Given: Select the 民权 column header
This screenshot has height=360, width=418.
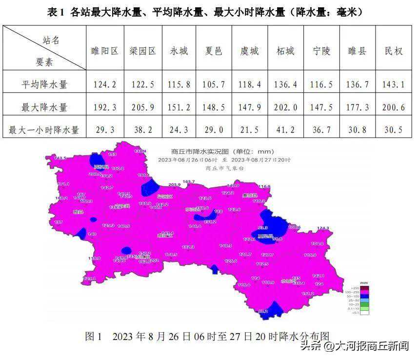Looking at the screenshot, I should click(394, 51).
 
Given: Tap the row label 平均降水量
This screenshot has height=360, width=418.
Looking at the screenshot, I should click(44, 84).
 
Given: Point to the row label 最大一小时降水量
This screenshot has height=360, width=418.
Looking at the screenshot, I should click(44, 130).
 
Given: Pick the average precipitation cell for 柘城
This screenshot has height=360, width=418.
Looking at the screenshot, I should click(286, 84).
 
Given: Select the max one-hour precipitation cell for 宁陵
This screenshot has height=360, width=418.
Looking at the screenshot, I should click(322, 130).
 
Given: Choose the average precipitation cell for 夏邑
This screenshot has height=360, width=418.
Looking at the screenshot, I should click(214, 84).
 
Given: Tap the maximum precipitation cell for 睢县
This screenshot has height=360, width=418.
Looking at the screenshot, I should click(358, 107).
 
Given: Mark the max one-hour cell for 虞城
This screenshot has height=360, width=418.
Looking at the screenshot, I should click(250, 130).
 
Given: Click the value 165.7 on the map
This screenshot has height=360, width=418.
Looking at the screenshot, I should click(189, 181).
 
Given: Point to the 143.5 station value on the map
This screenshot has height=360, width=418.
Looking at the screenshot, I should click(60, 159).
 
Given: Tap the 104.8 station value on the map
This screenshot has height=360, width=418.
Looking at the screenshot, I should click(317, 243).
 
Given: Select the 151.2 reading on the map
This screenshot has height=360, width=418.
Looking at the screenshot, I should click(308, 294).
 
